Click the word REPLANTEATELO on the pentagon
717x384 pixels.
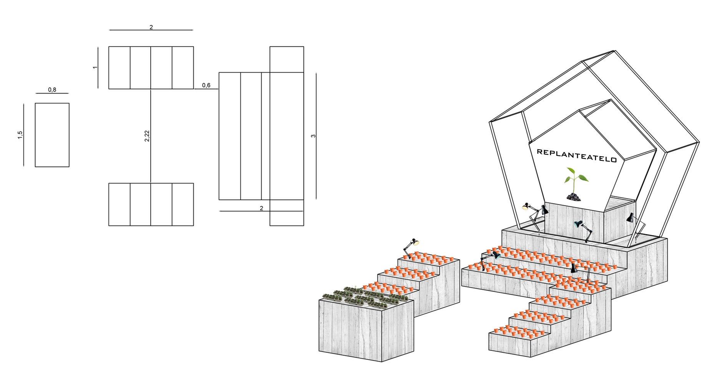(576, 155)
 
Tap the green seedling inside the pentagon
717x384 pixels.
(575, 179)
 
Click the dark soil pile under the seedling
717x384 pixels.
(574, 197)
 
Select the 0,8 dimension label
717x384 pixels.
(52, 90)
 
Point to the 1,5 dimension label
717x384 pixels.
(20, 135)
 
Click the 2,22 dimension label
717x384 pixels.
(147, 136)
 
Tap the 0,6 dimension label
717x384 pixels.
(206, 85)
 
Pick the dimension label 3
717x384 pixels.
(313, 136)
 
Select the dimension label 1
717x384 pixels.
(95, 68)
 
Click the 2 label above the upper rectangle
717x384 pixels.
(151, 27)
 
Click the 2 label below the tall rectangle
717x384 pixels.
(261, 208)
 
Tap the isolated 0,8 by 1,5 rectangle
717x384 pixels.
(52, 135)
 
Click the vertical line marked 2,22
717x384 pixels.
(151, 162)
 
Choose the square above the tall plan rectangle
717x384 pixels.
(287, 59)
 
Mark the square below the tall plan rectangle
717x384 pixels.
(287, 212)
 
